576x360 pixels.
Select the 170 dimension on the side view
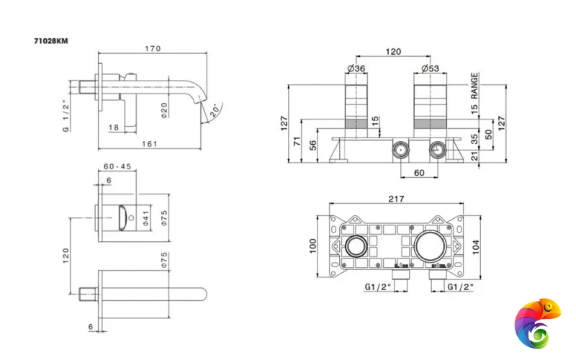[x=153, y=49]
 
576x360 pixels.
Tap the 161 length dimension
[x=149, y=143]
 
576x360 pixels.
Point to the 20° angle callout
[x=214, y=111]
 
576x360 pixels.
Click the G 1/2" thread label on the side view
[x=65, y=114]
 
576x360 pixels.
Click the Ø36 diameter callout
[x=356, y=69]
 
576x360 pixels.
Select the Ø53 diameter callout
[x=431, y=69]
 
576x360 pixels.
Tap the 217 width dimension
[x=395, y=199]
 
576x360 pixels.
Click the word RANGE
[x=475, y=85]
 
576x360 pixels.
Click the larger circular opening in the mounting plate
[x=431, y=246]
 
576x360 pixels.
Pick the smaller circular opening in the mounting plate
[x=356, y=246]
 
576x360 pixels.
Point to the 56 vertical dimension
[x=313, y=145]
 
